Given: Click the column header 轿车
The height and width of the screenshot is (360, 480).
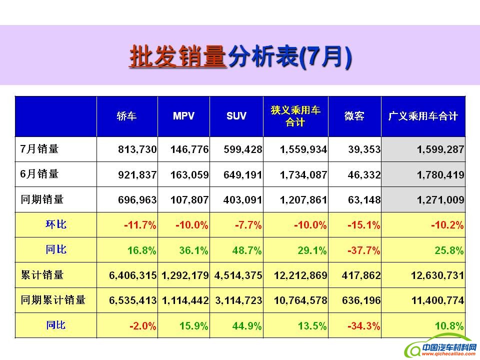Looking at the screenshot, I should (127, 116).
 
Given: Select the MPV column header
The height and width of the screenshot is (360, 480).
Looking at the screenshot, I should (183, 116).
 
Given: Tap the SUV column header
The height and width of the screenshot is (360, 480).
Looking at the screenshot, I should (236, 116).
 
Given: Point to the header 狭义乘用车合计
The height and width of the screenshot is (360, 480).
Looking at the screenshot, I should (295, 116).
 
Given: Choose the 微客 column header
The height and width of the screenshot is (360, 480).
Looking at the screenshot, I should (354, 116).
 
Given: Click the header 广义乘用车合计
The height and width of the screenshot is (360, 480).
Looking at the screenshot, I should (423, 116).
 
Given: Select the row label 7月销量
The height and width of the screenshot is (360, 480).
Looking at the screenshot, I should (39, 149).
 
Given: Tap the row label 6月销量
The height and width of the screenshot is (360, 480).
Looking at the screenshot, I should (39, 174).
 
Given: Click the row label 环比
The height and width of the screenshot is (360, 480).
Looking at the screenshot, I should (56, 224).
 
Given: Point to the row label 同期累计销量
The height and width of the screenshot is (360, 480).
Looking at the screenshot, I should (53, 300).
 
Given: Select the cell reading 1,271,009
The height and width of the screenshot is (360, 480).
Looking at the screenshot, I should (440, 200).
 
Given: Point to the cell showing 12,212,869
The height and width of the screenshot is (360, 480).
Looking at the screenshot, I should (300, 275).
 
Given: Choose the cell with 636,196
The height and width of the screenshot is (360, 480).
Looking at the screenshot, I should (363, 300).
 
